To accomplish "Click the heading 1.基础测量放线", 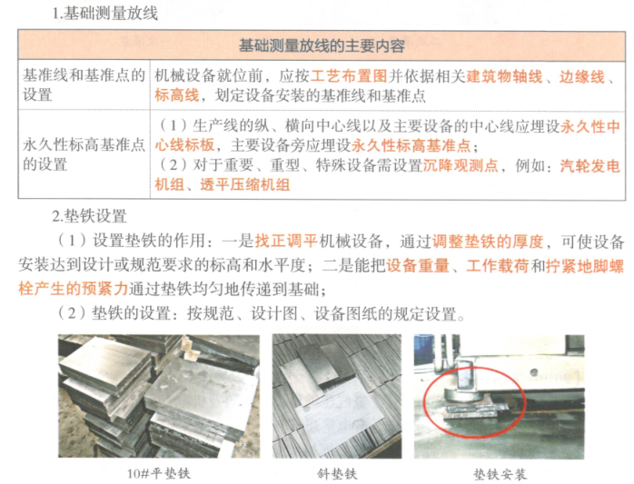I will (x=106, y=13).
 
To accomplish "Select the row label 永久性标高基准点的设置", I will (x=83, y=154).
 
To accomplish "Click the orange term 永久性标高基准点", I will (x=412, y=145).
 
